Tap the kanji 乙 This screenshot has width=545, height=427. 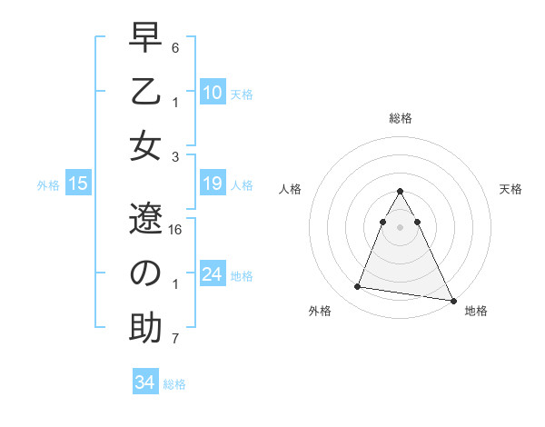coord(145,94)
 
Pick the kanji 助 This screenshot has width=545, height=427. coord(145,326)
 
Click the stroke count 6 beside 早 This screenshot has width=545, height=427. coord(175,47)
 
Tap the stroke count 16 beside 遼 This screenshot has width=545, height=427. coord(176,230)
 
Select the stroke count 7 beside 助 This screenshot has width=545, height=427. coord(175,340)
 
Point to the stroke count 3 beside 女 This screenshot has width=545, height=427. coord(175,156)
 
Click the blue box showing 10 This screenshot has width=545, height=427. coord(212,93)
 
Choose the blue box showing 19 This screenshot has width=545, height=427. coord(212,184)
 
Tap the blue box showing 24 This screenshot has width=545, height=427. coord(212,275)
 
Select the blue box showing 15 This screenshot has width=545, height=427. coord(78,184)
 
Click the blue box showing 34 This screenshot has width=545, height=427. coord(144,383)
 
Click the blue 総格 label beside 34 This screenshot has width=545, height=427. coord(174,384)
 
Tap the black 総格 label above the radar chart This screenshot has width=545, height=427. coord(401,118)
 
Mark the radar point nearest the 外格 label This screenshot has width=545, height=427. coord(358,287)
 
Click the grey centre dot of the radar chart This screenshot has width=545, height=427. coord(401,226)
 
